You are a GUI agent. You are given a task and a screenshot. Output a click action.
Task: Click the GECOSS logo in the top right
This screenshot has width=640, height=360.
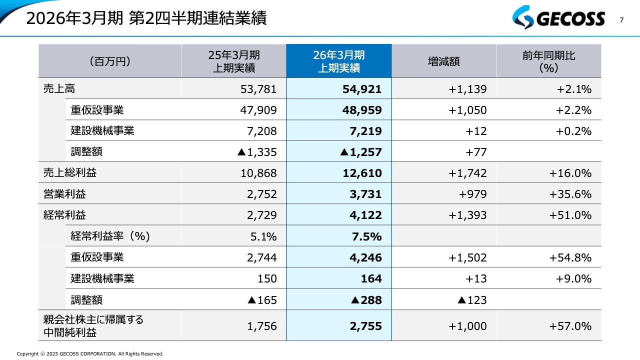point(558,19)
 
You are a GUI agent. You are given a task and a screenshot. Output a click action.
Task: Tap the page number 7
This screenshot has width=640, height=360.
point(621,20)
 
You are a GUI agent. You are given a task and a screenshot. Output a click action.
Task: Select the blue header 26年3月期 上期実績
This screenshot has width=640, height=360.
point(338,61)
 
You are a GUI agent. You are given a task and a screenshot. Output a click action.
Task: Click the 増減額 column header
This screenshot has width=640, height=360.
point(443,61)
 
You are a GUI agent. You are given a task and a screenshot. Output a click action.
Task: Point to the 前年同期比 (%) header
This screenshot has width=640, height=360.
point(548,61)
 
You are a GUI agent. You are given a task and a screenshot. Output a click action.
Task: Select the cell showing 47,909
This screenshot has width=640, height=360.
point(258,110)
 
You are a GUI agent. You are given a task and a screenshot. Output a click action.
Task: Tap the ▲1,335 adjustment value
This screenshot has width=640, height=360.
point(256,152)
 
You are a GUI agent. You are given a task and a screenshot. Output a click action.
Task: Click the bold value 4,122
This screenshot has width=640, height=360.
point(365,215)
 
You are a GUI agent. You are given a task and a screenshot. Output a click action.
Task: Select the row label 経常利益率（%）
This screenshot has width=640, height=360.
point(110,236)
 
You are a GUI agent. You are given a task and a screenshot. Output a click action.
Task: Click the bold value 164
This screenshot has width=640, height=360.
point(371,278)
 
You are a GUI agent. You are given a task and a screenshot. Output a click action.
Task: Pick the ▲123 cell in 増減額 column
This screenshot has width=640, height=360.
point(472,300)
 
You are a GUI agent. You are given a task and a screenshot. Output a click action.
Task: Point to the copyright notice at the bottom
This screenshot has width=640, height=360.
point(90,354)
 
